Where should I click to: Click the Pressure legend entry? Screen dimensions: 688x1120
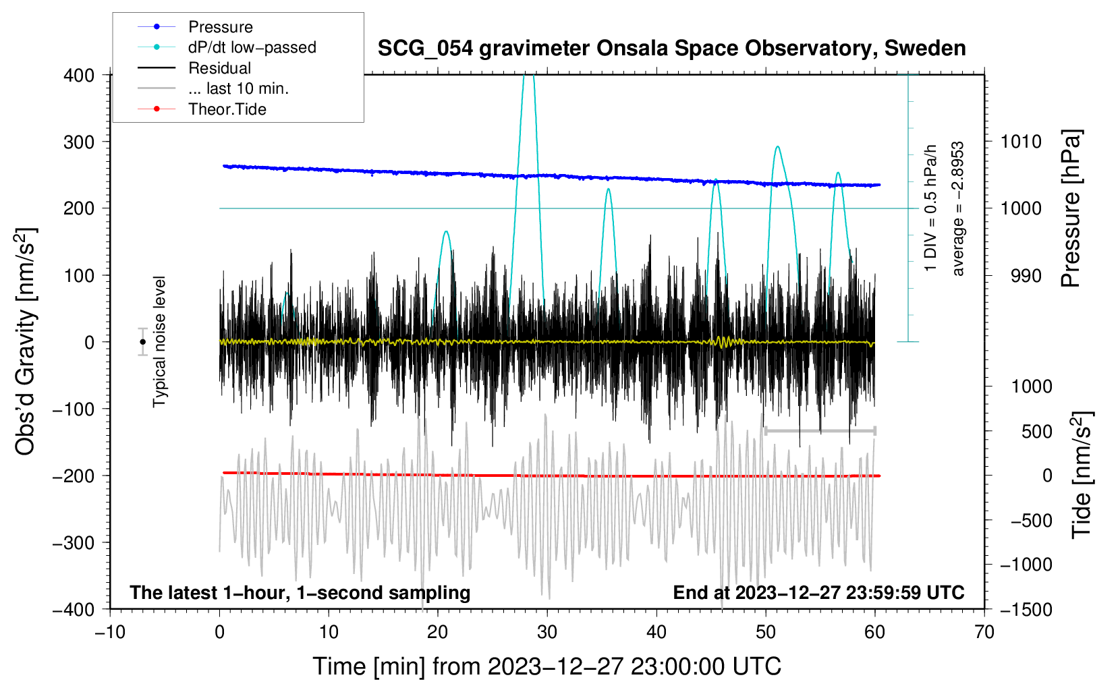pyautogui.click(x=220, y=27)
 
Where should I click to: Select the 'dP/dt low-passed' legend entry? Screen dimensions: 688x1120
pyautogui.click(x=252, y=47)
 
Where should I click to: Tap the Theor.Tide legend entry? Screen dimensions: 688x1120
pyautogui.click(x=227, y=109)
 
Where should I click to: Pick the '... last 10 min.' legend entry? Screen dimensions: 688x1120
pyautogui.click(x=238, y=88)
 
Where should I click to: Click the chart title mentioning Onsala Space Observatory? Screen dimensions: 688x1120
pyautogui.click(x=671, y=49)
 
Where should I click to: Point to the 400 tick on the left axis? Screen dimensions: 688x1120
pyautogui.click(x=80, y=75)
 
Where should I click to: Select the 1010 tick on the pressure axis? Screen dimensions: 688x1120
pyautogui.click(x=1021, y=142)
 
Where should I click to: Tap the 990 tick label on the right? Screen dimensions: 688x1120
pyautogui.click(x=1021, y=275)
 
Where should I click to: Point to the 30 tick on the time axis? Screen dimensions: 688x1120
pyautogui.click(x=547, y=632)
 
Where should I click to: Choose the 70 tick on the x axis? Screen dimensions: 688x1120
pyautogui.click(x=984, y=632)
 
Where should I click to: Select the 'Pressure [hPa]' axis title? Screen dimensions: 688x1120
pyautogui.click(x=1071, y=209)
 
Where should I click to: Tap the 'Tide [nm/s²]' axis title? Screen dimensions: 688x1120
pyautogui.click(x=1082, y=474)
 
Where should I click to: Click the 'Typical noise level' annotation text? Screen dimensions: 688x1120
pyautogui.click(x=159, y=341)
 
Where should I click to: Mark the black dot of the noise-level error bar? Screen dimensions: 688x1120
pyautogui.click(x=142, y=342)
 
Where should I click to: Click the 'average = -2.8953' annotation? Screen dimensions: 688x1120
pyautogui.click(x=958, y=209)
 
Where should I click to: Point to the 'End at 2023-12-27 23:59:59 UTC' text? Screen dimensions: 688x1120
pyautogui.click(x=818, y=593)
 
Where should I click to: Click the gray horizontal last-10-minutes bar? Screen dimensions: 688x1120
pyautogui.click(x=820, y=430)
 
